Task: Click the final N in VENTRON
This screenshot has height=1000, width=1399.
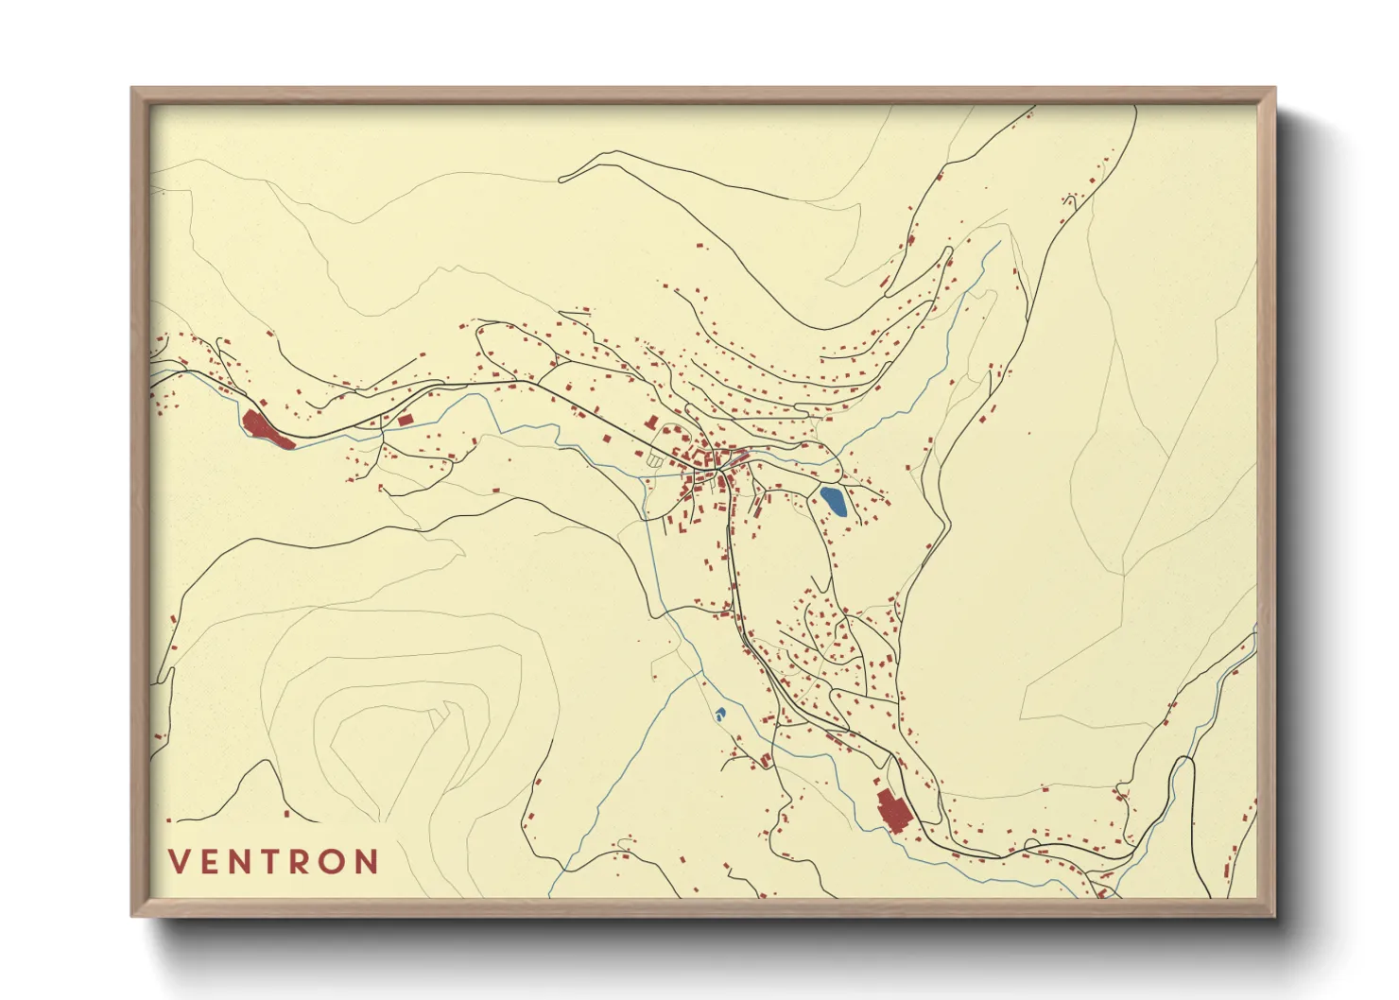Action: (368, 862)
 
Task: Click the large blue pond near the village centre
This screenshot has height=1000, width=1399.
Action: (833, 500)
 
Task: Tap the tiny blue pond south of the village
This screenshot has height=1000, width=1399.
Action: (720, 714)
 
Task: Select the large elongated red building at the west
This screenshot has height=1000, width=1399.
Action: (268, 429)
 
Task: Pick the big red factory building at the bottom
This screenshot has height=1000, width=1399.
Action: (891, 811)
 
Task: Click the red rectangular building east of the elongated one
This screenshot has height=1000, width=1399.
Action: (405, 420)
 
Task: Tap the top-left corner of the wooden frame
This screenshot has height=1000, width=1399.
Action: (133, 90)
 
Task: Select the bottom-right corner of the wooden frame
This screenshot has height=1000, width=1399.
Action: (1273, 914)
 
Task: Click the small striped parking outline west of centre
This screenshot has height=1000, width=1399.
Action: (654, 460)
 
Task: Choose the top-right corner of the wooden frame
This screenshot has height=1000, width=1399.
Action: (1273, 90)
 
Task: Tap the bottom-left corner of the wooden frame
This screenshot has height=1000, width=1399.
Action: (133, 914)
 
